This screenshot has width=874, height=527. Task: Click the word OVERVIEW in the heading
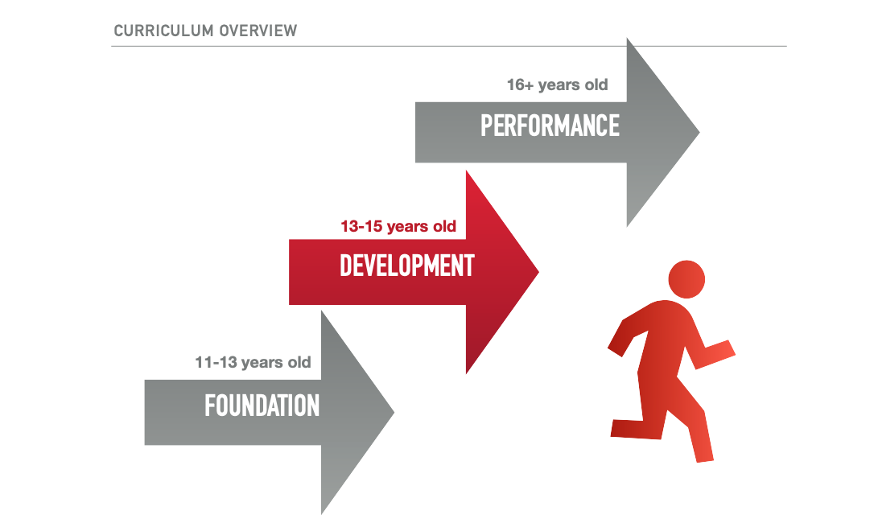(x=258, y=31)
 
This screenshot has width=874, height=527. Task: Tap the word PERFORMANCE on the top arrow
(x=550, y=126)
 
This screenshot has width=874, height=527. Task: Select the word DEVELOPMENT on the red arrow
(x=407, y=266)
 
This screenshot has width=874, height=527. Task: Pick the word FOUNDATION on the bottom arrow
(x=262, y=405)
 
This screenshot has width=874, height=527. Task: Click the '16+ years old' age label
(x=557, y=84)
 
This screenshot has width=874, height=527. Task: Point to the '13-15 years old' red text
(x=398, y=226)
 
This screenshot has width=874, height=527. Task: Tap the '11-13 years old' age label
(x=253, y=362)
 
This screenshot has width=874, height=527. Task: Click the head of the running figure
(x=686, y=279)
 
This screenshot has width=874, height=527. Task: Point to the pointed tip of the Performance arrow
(x=699, y=133)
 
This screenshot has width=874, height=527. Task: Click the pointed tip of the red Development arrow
(x=538, y=272)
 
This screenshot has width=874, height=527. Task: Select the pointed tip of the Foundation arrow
(x=394, y=412)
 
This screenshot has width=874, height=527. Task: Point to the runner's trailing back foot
(x=620, y=428)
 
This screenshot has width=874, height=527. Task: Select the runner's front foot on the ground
(x=704, y=454)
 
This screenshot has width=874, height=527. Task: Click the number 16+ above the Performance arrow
(x=520, y=84)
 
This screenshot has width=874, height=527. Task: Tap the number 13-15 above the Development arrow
(x=361, y=226)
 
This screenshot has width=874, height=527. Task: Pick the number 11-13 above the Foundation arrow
(x=216, y=362)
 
